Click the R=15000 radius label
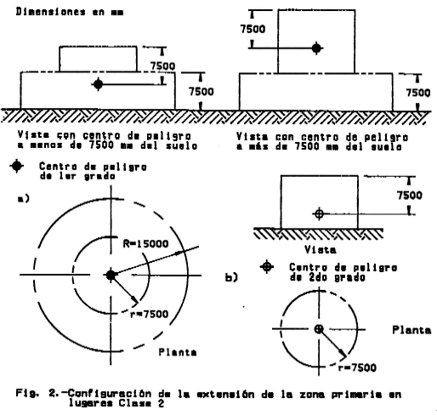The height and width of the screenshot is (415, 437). (x=145, y=243)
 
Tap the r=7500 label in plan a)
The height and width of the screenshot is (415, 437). (x=149, y=314)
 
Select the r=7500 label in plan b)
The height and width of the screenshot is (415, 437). (x=357, y=367)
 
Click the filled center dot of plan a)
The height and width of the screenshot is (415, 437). (x=111, y=275)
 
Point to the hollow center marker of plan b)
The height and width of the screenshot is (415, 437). (x=319, y=329)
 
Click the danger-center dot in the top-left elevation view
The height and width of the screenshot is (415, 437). (x=98, y=84)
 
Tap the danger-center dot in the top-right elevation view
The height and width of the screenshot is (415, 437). (x=317, y=48)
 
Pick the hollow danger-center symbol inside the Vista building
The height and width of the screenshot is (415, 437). (x=319, y=213)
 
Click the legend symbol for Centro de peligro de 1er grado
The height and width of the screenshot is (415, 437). (x=17, y=167)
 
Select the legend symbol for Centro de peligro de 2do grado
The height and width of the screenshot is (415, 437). (x=267, y=266)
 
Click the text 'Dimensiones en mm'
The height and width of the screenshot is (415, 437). (x=70, y=12)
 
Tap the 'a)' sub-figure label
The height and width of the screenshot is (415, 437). (x=23, y=199)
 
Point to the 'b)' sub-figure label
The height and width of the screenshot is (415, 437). (x=231, y=277)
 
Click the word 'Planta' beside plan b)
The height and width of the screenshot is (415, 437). (x=411, y=330)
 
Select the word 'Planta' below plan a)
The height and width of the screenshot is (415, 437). (x=178, y=352)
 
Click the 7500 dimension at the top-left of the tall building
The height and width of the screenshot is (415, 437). (x=253, y=29)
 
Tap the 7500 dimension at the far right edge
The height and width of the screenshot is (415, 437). (x=418, y=93)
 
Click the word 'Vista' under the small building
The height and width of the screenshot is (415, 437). (x=321, y=250)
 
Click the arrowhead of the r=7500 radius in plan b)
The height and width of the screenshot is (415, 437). (x=343, y=355)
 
